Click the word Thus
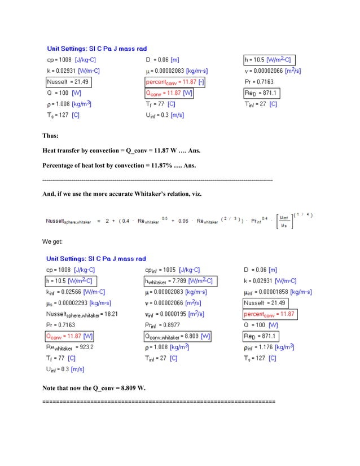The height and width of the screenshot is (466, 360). (51, 136)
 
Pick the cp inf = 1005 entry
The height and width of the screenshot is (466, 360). (172, 270)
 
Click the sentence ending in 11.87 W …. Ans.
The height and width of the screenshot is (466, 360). (121, 151)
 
